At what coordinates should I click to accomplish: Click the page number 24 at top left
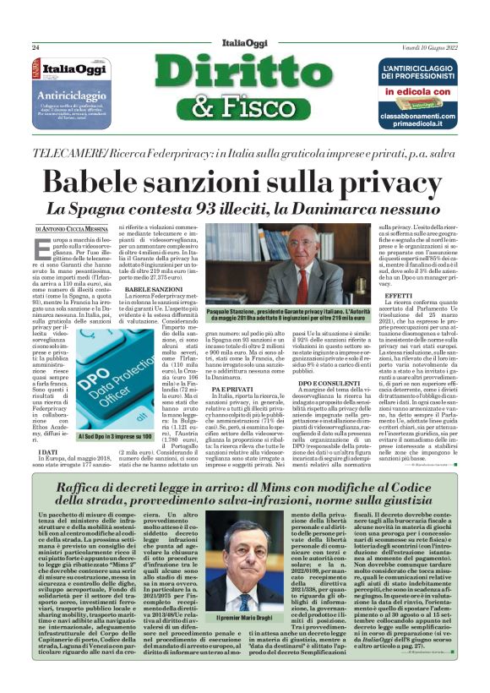click(x=36, y=47)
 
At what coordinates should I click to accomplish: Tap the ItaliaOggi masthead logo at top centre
click(x=245, y=42)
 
